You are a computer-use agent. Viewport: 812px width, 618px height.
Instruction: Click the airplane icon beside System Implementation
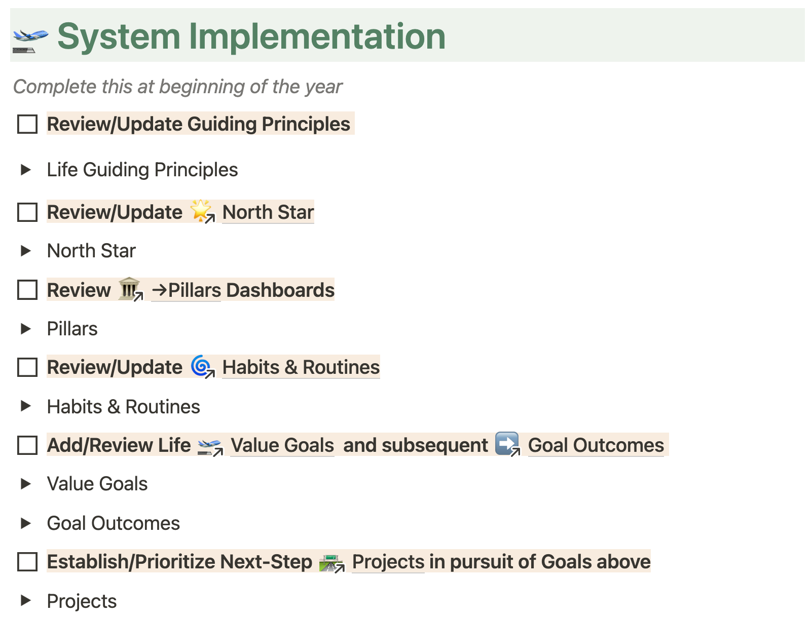(30, 41)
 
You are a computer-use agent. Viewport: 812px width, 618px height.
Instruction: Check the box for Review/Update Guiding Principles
(27, 124)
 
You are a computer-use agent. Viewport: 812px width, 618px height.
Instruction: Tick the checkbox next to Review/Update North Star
(27, 212)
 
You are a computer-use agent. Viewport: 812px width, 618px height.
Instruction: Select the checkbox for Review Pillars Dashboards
(27, 290)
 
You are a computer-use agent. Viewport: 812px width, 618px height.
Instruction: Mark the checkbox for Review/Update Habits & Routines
(27, 367)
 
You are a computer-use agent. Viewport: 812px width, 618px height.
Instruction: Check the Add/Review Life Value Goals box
(27, 445)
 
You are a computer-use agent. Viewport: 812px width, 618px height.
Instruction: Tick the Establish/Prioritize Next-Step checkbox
(27, 562)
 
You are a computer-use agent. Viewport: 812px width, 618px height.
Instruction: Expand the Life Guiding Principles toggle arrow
(25, 170)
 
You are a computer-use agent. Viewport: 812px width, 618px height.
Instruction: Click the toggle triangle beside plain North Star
(25, 251)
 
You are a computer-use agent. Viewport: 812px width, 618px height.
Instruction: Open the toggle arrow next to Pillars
(25, 329)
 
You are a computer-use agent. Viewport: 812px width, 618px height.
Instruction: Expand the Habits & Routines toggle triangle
(25, 406)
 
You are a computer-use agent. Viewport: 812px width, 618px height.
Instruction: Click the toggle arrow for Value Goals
(25, 484)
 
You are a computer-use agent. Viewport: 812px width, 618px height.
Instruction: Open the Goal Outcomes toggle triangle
(25, 523)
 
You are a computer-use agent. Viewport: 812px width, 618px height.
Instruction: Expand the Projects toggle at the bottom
(25, 601)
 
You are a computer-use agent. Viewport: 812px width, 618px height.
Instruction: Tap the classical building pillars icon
(129, 289)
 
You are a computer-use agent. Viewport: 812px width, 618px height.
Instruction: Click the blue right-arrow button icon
(507, 443)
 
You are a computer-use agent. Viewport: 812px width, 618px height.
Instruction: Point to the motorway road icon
(330, 563)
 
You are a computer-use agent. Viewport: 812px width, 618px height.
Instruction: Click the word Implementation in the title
(317, 36)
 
